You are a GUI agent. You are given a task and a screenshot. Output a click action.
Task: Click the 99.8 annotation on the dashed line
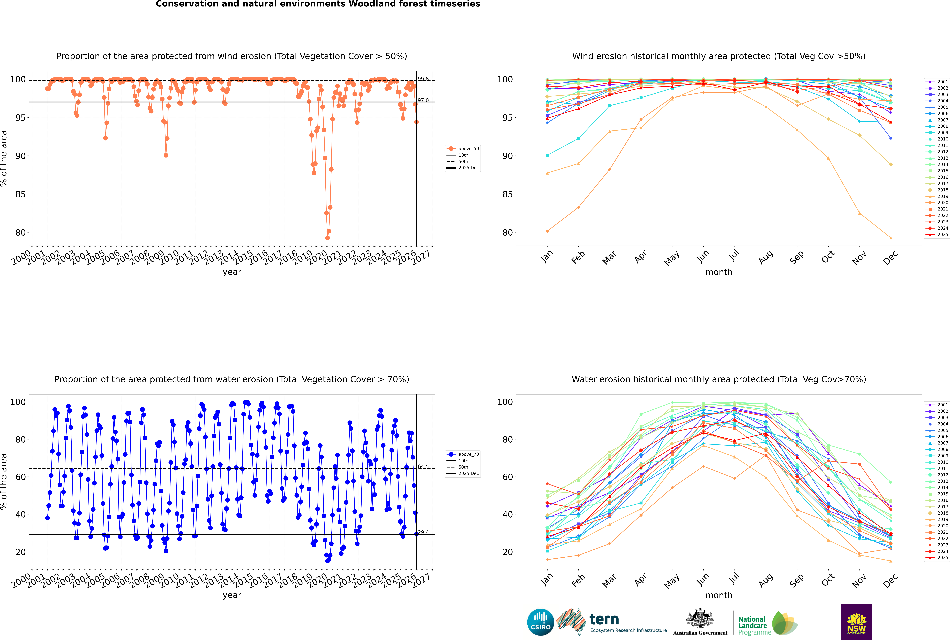[423, 79]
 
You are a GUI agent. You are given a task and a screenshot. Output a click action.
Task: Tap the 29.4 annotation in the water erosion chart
[423, 532]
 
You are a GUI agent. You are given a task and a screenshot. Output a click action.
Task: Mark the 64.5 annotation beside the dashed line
[423, 467]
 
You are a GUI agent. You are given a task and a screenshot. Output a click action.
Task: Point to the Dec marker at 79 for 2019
[891, 238]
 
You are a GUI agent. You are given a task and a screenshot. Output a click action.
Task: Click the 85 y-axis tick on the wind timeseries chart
[20, 194]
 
